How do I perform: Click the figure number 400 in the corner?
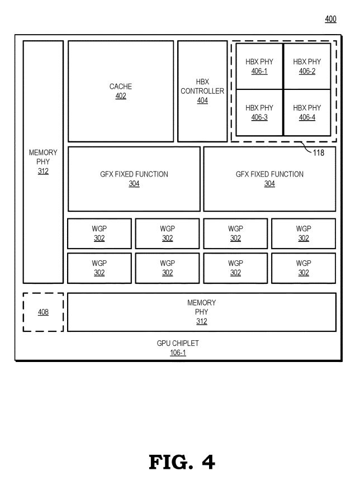point(330,19)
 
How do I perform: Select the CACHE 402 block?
point(121,91)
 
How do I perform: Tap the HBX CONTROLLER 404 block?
point(202,91)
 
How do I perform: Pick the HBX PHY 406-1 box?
point(259,66)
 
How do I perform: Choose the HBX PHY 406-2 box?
point(307,66)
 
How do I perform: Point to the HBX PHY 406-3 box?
point(259,112)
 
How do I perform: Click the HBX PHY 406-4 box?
point(307,112)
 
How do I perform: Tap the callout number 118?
point(318,153)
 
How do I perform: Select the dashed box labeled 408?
point(43,312)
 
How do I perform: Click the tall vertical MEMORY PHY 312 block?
point(43,161)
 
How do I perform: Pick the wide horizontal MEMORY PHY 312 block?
point(202,312)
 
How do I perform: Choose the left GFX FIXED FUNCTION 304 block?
point(134,179)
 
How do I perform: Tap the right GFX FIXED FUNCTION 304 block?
point(269,179)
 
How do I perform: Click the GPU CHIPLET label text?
point(178,344)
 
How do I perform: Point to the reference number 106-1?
point(178,353)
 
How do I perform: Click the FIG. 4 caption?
point(182,461)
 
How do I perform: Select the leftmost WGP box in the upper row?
point(100,234)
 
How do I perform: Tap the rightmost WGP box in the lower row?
point(304,268)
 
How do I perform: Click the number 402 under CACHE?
point(121,96)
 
